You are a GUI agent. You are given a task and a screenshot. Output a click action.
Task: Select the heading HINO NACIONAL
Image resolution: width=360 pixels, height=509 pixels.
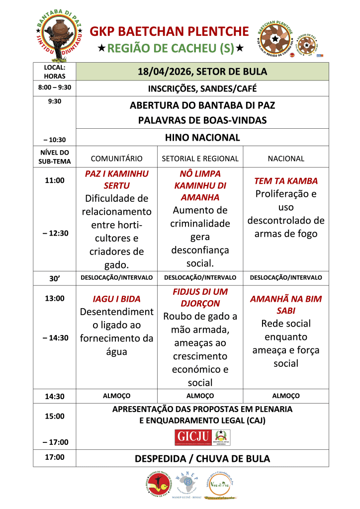pyautogui.click(x=202, y=138)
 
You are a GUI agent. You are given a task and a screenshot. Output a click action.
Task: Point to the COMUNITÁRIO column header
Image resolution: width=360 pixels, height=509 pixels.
pyautogui.click(x=116, y=159)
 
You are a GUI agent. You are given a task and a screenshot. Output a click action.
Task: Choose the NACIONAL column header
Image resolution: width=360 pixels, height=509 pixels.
pyautogui.click(x=285, y=159)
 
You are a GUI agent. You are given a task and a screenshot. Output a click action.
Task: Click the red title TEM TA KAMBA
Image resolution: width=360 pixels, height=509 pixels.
pyautogui.click(x=285, y=181)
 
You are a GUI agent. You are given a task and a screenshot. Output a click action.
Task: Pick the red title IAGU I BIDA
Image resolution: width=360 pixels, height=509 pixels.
pyautogui.click(x=116, y=299)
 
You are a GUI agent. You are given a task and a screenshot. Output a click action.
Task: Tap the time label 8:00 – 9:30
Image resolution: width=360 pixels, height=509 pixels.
pyautogui.click(x=54, y=87)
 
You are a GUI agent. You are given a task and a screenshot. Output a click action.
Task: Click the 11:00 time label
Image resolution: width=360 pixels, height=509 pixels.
pyautogui.click(x=54, y=180)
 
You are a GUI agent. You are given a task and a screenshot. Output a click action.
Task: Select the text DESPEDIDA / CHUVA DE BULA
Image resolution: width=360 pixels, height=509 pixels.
pyautogui.click(x=202, y=458)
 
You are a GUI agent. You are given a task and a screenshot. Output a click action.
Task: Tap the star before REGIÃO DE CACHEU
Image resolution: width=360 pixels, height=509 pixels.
pyautogui.click(x=101, y=49)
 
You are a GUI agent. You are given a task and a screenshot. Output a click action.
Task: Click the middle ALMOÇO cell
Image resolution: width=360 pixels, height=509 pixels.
pyautogui.click(x=200, y=396)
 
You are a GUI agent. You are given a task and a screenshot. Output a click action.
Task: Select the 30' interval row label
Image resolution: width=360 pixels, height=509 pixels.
pyautogui.click(x=54, y=278)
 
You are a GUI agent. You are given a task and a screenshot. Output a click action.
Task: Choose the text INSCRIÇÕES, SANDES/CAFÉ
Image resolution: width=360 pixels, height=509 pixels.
pyautogui.click(x=202, y=89)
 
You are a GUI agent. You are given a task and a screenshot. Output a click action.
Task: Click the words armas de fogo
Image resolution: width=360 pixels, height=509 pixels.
pyautogui.click(x=285, y=234)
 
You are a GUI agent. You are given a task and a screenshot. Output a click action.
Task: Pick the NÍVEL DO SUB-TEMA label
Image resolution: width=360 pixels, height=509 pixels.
pyautogui.click(x=54, y=157)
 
